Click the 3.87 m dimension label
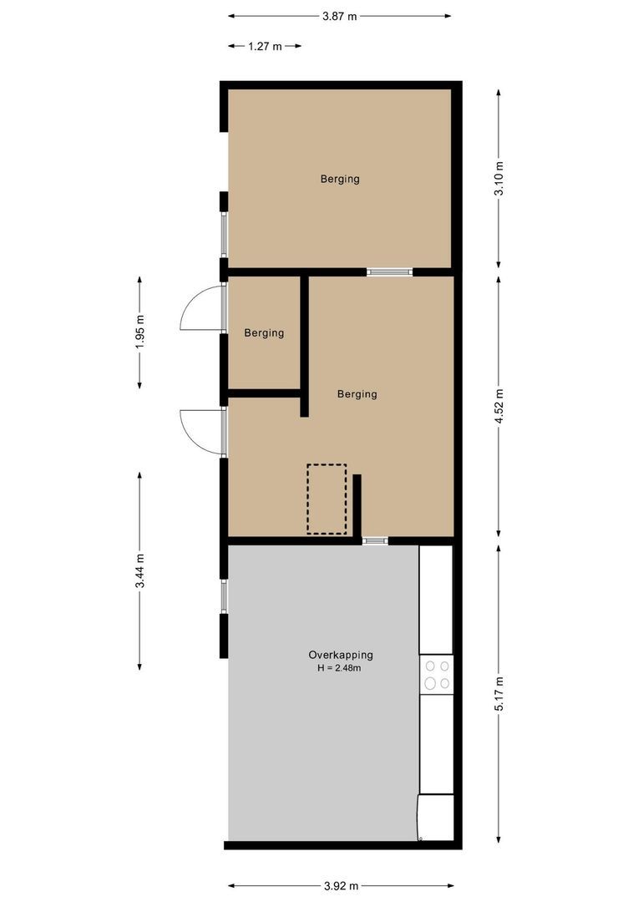(339, 16)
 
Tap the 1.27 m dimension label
(264, 47)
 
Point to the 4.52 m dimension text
(499, 407)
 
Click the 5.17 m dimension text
(499, 693)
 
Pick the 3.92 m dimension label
(341, 886)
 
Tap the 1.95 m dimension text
(139, 332)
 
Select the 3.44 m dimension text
(139, 570)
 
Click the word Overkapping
(341, 655)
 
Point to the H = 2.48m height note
(341, 668)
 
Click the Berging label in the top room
(340, 179)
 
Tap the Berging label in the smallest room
(264, 333)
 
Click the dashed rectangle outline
(327, 499)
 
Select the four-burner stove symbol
(436, 675)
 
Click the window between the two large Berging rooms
(389, 271)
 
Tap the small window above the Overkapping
(375, 540)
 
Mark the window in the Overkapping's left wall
(223, 596)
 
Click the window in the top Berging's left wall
(223, 235)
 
